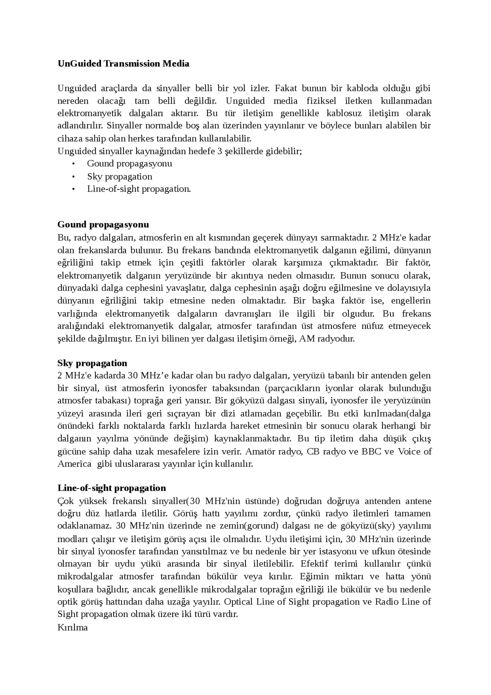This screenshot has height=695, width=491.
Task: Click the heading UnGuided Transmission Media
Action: (123, 64)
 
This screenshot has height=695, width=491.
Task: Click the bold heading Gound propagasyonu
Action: (103, 225)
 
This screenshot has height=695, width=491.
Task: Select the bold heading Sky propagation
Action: (92, 363)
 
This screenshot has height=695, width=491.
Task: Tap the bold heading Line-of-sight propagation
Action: (112, 488)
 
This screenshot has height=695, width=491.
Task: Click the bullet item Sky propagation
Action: (119, 177)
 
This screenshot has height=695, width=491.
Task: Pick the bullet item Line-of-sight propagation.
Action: (138, 189)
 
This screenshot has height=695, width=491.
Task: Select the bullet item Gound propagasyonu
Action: (129, 164)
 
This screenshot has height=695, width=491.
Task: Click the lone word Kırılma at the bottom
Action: (72, 627)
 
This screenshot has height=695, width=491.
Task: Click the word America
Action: (74, 464)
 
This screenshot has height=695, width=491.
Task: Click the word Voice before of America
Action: (409, 451)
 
